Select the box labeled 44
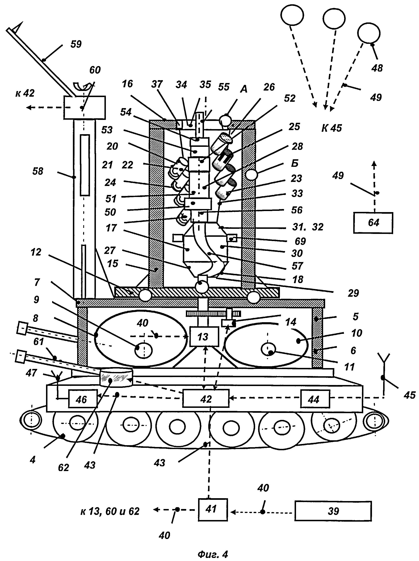(315, 399)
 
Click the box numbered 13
(204, 336)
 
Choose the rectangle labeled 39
(333, 511)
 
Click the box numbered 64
(373, 222)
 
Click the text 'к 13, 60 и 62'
(110, 511)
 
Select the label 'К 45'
(331, 128)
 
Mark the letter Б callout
(294, 163)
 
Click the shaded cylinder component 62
(116, 378)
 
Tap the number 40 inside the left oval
(142, 323)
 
